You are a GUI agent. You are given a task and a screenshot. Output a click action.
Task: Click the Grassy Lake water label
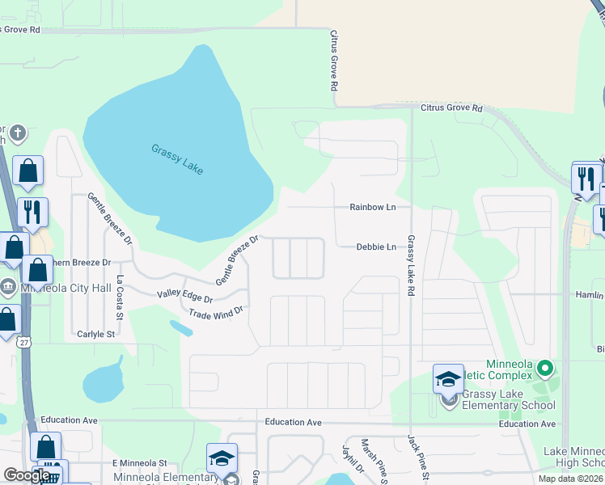point(177,158)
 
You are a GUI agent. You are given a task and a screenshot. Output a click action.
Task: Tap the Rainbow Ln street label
point(372,207)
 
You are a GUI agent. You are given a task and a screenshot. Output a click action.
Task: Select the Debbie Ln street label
point(376,247)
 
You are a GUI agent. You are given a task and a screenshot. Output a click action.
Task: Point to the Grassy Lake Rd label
point(411,264)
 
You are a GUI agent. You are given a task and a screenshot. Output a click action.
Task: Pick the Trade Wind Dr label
point(215,313)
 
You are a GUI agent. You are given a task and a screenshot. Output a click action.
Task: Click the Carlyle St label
point(96,334)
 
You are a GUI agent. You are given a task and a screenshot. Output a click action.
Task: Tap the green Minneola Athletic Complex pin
point(544,369)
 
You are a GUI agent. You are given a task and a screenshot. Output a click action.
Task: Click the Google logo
point(27,475)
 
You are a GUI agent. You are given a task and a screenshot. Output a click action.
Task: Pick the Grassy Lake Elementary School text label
point(508,395)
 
